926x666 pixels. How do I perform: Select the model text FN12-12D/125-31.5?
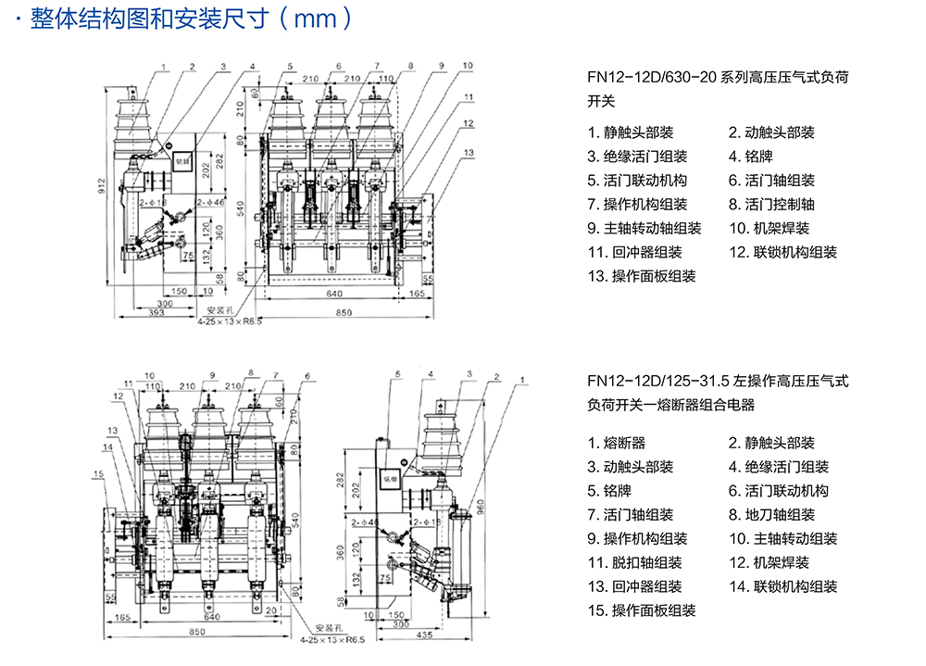(658, 381)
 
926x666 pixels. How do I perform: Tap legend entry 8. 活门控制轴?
(771, 204)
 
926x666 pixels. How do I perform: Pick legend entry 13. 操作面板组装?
(642, 276)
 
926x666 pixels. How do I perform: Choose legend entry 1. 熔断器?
(617, 443)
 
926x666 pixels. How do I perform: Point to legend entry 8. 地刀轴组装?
(771, 515)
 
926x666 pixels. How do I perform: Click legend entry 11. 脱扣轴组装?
(635, 562)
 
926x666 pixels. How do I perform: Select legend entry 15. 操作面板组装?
(642, 609)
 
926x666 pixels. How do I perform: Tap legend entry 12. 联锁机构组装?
(782, 252)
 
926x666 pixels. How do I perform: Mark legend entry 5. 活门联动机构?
(637, 180)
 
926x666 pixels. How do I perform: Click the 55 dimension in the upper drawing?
(428, 278)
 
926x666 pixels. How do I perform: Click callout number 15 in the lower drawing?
(98, 474)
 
